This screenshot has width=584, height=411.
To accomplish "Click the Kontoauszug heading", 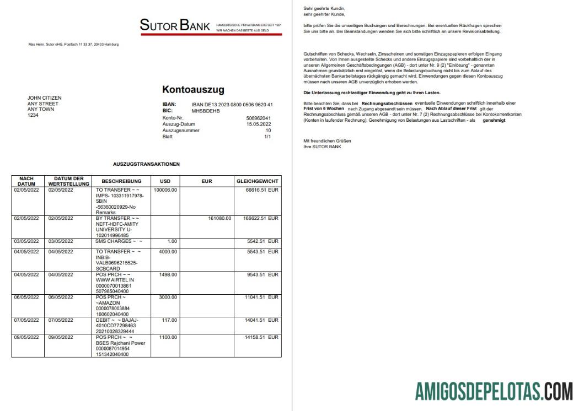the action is [x=193, y=90].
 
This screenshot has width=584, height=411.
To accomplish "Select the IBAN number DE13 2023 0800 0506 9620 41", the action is [x=232, y=104].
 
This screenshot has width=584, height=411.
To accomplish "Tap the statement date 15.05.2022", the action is [x=259, y=124].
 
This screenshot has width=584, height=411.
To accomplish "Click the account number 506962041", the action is [x=259, y=118].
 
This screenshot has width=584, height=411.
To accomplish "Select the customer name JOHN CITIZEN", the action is [x=45, y=98].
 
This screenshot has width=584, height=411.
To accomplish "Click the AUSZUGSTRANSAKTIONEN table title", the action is [x=146, y=164].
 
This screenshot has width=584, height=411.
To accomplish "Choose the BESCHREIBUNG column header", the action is [x=117, y=181].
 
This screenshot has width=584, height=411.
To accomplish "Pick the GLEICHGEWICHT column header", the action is [x=258, y=181].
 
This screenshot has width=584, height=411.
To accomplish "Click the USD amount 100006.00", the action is [x=165, y=190].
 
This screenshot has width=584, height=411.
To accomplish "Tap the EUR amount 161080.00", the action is [x=219, y=218].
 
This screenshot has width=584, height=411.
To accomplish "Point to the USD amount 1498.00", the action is [x=167, y=274].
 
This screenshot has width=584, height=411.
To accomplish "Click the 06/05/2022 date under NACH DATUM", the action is [x=26, y=298].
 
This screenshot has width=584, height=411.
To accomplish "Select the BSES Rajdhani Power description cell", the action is [x=120, y=342].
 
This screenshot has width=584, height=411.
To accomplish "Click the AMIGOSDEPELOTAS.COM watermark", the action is [x=494, y=392].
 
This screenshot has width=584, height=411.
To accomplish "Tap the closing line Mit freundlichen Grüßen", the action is [x=327, y=141].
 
